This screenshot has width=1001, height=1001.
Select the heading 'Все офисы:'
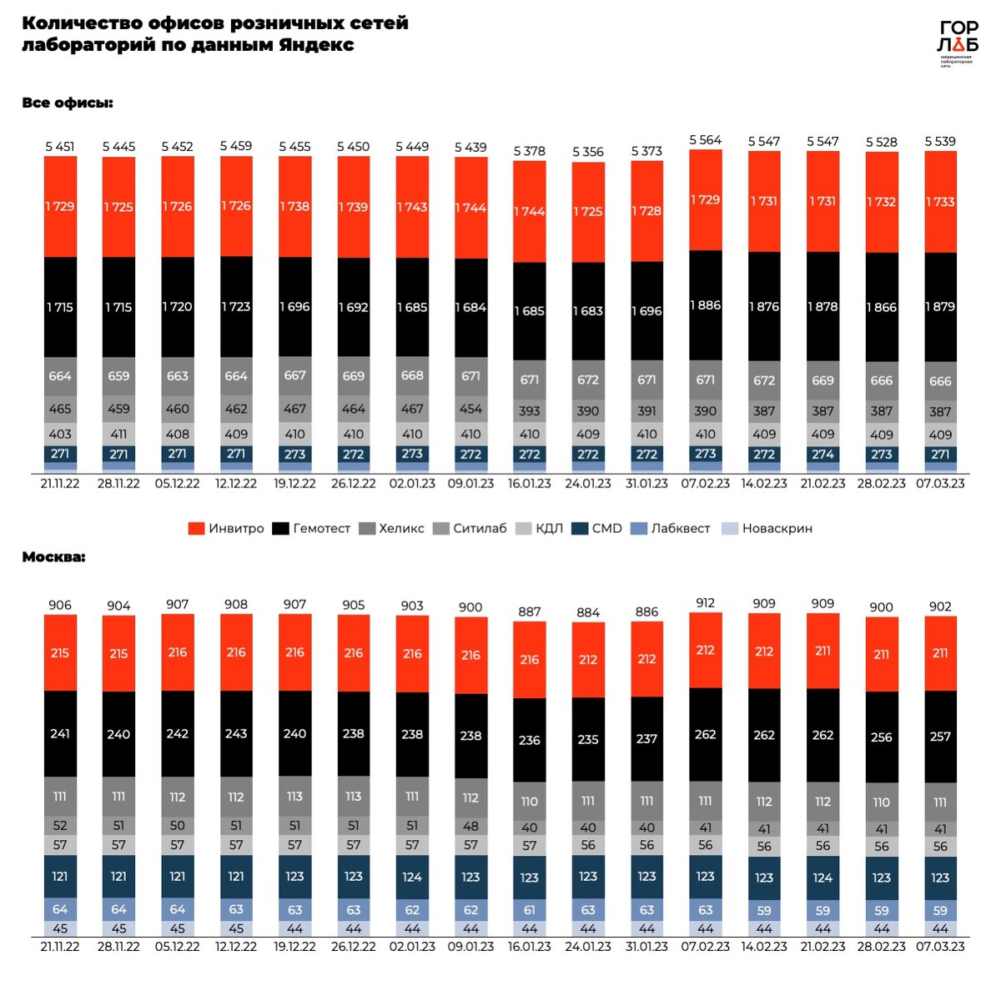[68, 103]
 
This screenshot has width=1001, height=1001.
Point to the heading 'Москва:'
[53, 556]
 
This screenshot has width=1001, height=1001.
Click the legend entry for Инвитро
[226, 528]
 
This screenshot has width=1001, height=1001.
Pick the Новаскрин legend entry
[767, 528]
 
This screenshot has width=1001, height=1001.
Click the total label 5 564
[705, 140]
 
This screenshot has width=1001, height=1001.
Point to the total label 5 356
[588, 152]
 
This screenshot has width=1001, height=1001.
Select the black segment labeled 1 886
[705, 305]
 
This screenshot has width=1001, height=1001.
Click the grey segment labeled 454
[470, 410]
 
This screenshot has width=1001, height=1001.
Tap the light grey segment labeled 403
[60, 434]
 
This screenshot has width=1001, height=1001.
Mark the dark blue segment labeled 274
[822, 455]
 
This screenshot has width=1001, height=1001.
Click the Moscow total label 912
[705, 603]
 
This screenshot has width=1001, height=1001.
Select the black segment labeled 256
[882, 737]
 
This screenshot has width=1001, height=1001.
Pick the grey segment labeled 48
[470, 826]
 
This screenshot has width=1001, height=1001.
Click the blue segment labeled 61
[530, 910]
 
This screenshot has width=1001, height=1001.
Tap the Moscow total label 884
[588, 612]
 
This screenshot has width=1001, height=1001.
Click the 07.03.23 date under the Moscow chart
[940, 947]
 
